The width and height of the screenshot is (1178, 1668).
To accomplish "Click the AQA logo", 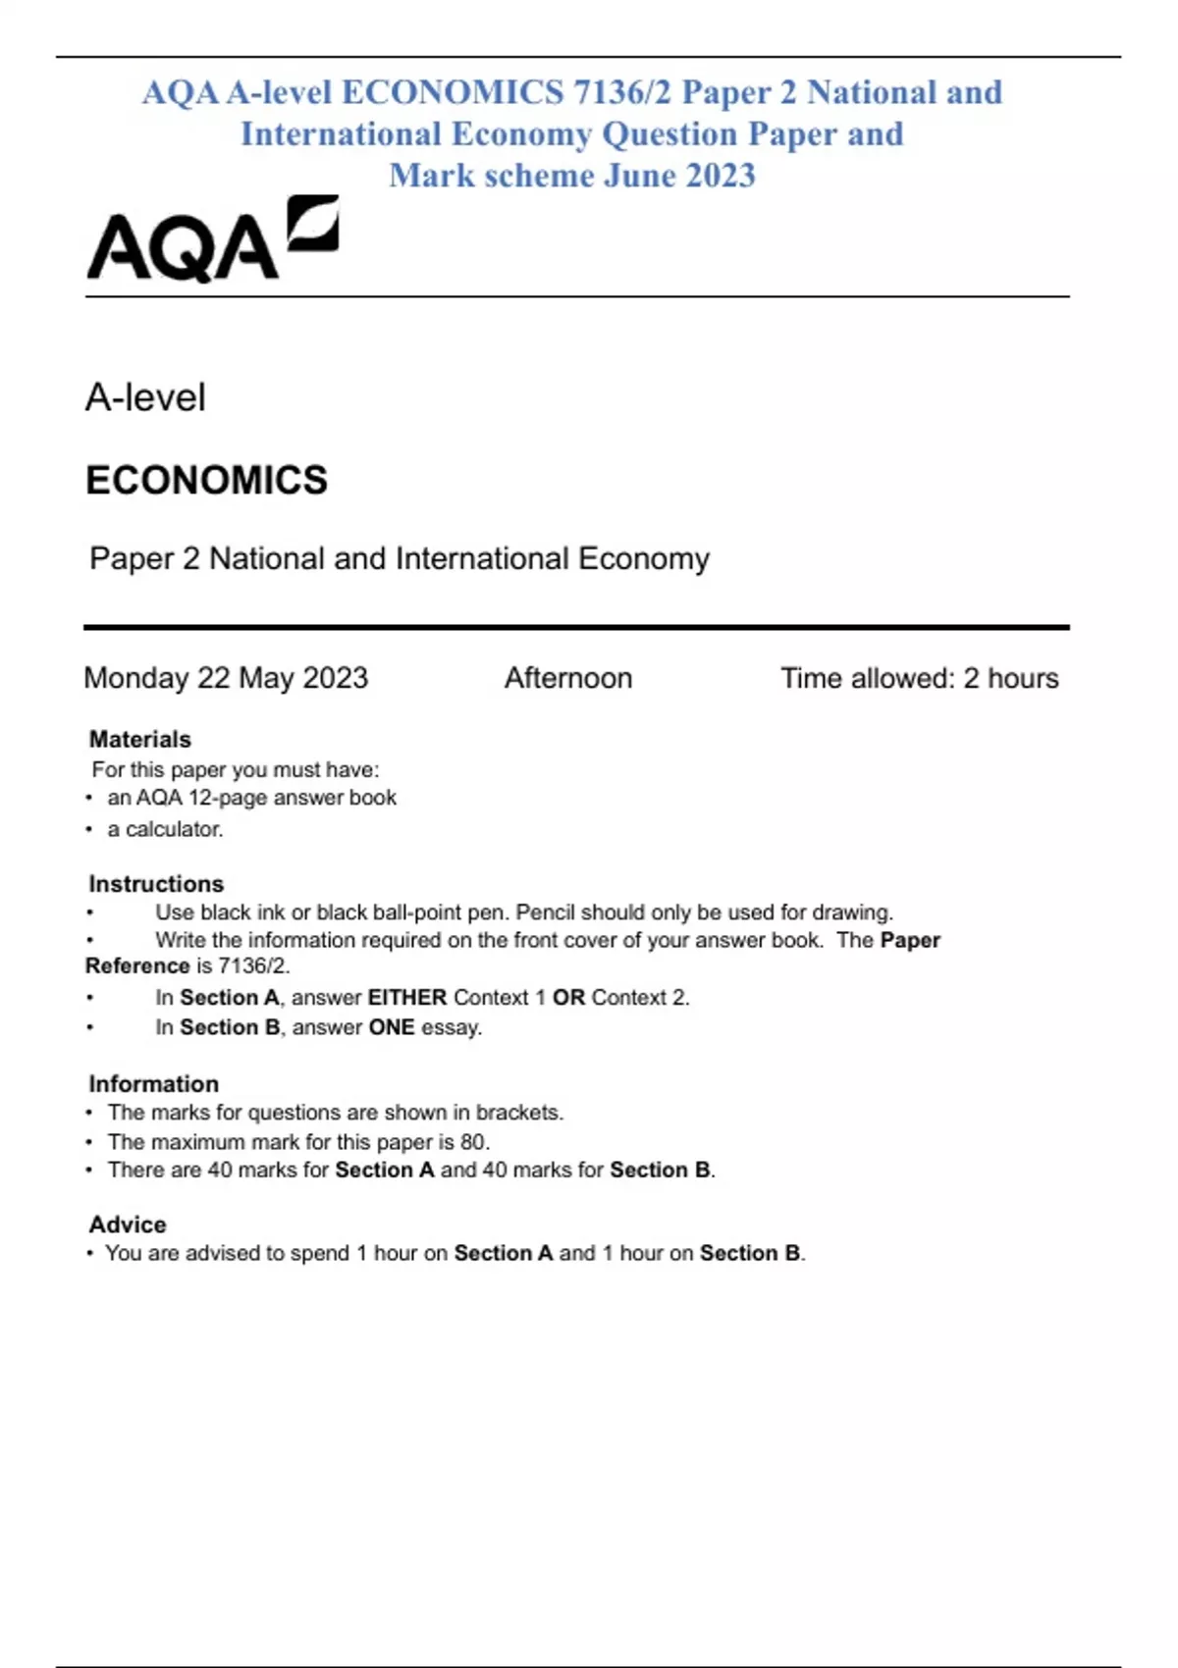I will coord(212,240).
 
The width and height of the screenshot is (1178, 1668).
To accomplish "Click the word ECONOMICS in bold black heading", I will coord(206,481).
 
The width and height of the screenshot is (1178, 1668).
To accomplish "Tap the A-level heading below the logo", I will coord(145,397).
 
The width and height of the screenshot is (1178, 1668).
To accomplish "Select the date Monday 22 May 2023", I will coord(226,678).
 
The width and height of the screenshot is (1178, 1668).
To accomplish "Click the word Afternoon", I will coord(568,678).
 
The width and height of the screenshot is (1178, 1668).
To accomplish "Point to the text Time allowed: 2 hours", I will coord(919,678).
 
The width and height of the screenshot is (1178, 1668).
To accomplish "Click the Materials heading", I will coord(139,739).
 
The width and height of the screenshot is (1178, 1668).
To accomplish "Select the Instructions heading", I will coord(156,883).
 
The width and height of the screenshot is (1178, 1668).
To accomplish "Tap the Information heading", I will coord(153,1083).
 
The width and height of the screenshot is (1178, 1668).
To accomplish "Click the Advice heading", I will coord(128,1224).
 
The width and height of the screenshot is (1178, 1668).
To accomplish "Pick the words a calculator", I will coord(165,829).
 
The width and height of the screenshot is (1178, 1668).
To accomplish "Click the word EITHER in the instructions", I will coord(407,997).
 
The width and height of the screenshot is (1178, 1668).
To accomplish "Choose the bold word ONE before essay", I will coord(392,1027).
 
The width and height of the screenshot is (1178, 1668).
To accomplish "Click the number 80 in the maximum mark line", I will coord(472,1141).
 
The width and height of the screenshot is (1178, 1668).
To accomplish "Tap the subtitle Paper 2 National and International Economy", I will coord(399,558).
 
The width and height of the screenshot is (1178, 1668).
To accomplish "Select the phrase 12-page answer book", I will coord(292,798).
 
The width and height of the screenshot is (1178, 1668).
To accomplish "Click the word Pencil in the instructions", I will coord(549,912).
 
